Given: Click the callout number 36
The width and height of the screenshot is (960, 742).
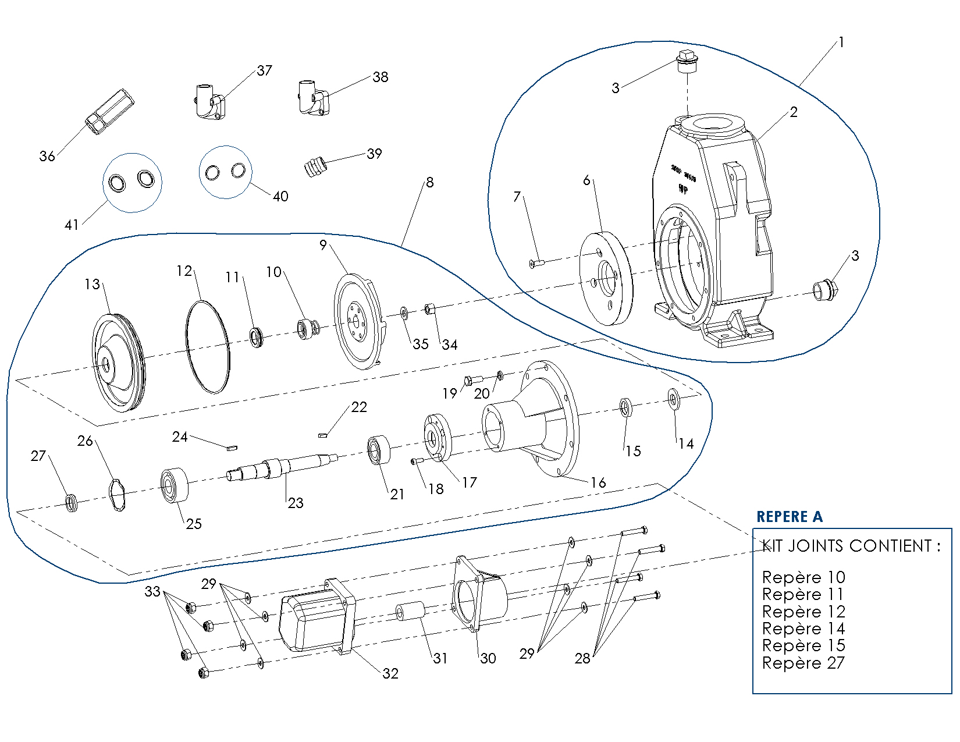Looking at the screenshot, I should coord(47,156).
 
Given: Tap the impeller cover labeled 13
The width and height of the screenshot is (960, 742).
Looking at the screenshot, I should coord(119,363).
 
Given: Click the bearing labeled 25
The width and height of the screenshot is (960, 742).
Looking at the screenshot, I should coord(175,485).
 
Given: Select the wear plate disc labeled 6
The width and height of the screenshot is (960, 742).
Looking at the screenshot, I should coord(606,278).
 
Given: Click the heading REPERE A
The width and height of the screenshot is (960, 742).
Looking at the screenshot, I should coord(789,517).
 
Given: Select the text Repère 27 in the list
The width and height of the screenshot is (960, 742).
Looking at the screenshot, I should coord(803,663).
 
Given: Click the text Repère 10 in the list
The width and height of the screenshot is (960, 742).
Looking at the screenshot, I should coord(803,577).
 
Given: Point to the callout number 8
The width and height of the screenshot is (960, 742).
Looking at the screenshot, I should coord(429,183).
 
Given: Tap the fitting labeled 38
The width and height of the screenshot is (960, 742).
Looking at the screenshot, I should coord(314,98).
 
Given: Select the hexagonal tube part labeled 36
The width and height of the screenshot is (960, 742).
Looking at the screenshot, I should coord(110,111).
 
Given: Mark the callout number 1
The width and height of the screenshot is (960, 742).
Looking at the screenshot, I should coord(841,42).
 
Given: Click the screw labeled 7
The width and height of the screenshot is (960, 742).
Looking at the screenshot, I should coord(536,264).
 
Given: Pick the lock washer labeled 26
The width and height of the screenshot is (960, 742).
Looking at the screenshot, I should coord(119,495).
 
